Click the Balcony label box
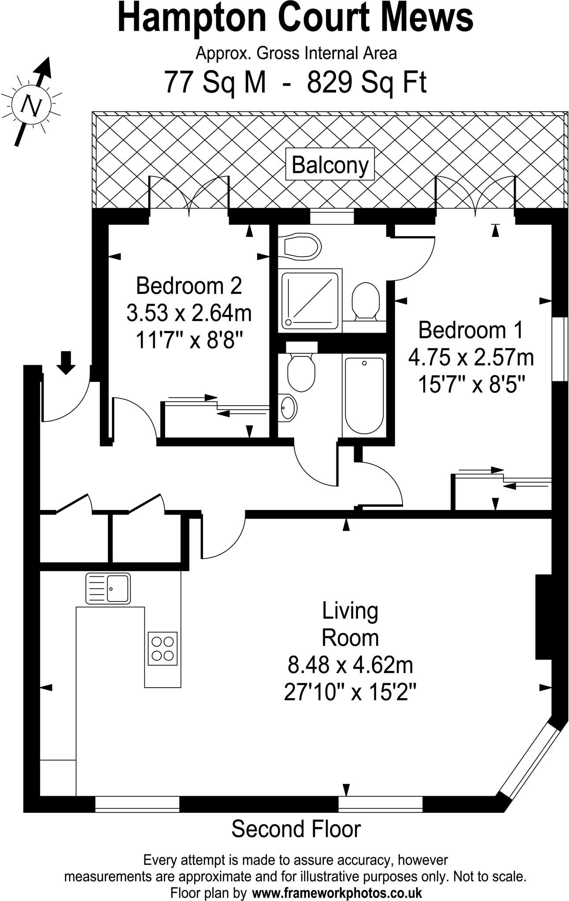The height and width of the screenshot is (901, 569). point(330,165)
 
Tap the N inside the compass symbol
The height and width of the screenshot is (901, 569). point(32,106)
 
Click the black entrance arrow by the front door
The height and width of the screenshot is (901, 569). point(66,363)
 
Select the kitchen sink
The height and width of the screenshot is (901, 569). point(108,588)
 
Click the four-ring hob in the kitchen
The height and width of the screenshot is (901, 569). point(163,648)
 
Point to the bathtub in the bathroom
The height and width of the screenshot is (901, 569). point(364,395)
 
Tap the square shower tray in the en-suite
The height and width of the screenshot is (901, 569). point(310,300)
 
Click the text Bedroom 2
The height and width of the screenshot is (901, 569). point(189,286)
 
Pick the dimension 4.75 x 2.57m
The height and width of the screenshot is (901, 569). point(471,358)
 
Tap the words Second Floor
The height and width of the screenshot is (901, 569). point(296,829)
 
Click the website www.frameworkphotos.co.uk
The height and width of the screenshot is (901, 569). point(337,893)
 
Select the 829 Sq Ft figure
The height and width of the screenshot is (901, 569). point(366,82)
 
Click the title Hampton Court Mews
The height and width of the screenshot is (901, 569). point(296,18)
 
